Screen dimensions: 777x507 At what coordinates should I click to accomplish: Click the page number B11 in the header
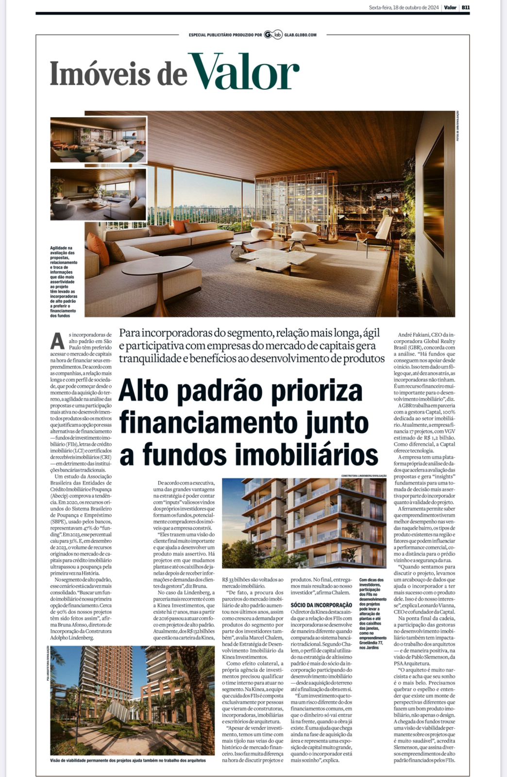pos(465,7)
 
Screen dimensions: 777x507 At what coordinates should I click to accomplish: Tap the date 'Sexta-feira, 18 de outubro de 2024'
pos(404,7)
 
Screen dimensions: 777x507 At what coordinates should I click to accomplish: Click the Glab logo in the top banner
pos(273,34)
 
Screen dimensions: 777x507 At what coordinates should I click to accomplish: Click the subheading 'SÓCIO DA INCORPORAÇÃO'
pos(321,605)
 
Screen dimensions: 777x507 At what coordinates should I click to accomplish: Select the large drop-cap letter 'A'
pos(57,341)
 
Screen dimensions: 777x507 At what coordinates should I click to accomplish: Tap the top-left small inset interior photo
pos(98,139)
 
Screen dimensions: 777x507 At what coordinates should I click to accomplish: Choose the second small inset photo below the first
pos(98,194)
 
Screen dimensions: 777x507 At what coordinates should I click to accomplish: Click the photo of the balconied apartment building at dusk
pos(304,523)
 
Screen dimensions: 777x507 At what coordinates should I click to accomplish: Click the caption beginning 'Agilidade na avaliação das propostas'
pos(64,282)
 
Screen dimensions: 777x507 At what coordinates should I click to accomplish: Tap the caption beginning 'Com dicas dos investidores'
pos(372,613)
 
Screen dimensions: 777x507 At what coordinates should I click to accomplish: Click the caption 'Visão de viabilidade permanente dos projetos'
pos(128,760)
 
